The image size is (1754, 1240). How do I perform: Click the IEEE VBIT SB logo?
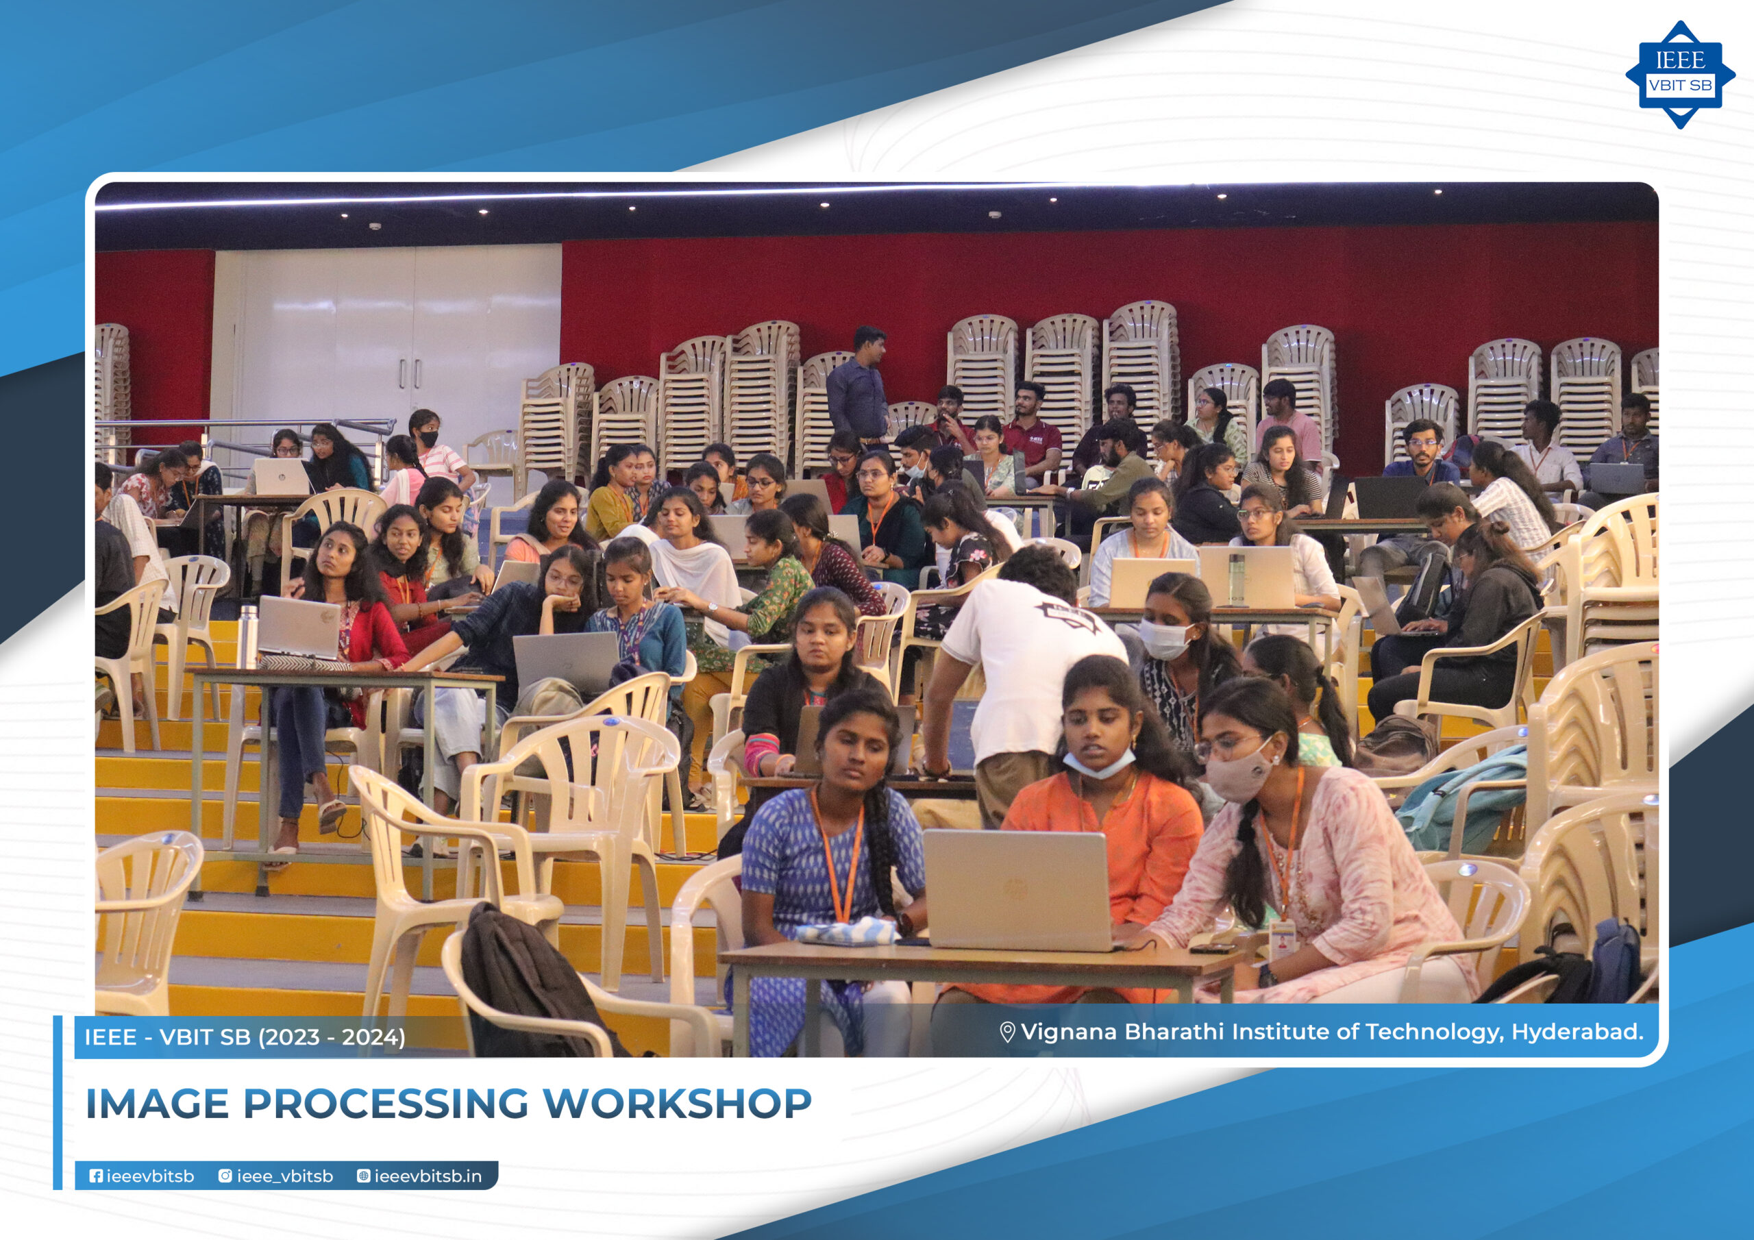coord(1680,74)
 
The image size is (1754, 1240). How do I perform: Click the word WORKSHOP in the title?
coord(677,1104)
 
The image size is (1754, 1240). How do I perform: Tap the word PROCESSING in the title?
coord(386,1104)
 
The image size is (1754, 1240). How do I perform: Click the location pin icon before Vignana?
coord(1008,1032)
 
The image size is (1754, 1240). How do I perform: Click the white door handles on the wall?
coord(410,373)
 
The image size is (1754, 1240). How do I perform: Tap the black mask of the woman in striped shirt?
coord(429,438)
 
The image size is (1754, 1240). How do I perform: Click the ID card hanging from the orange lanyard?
coord(1282,937)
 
